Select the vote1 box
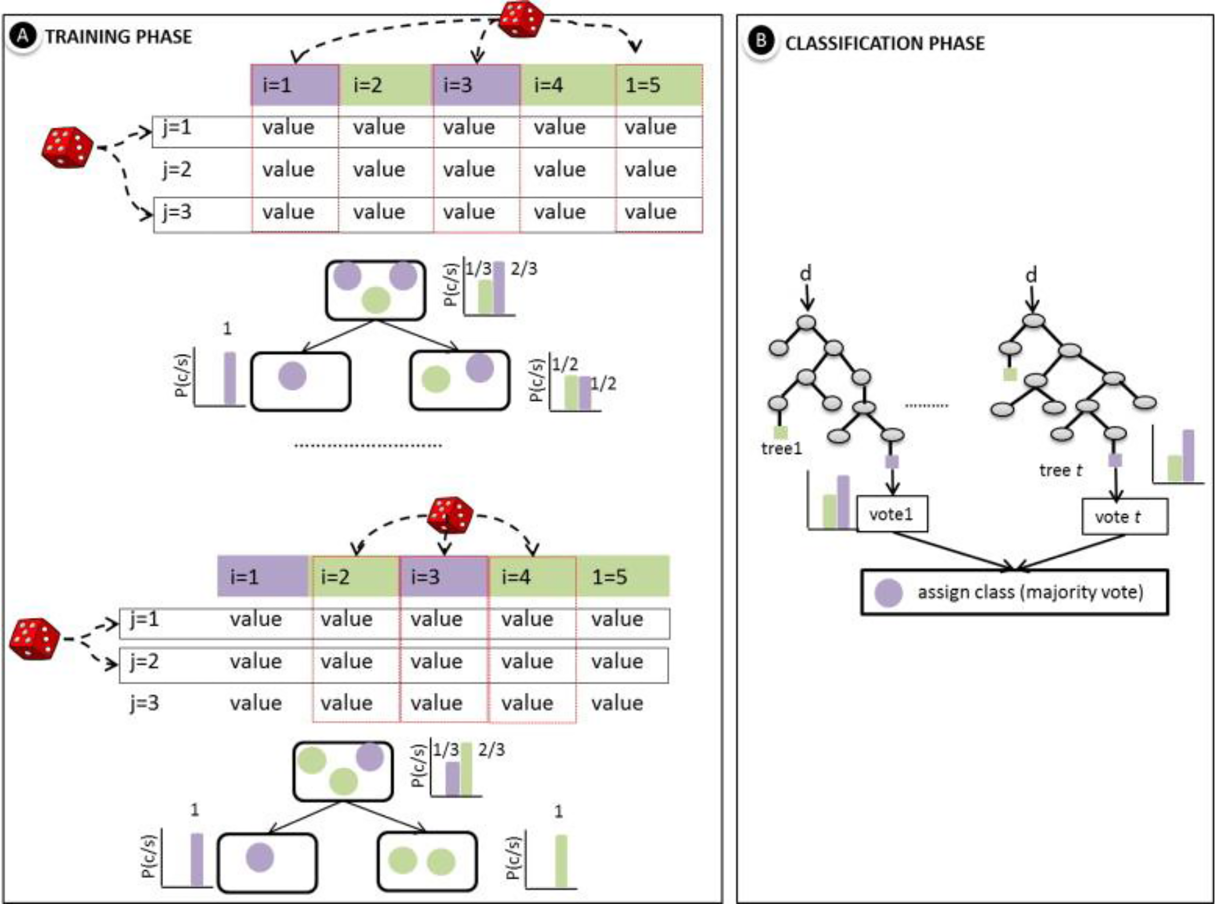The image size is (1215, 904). point(892,514)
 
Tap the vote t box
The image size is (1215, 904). point(1124,517)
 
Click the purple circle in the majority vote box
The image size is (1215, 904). point(888,592)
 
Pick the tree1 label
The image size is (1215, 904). point(781,449)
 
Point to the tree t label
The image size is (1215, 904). point(1060,470)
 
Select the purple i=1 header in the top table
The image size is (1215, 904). point(295,85)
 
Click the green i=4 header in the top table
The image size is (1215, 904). point(567,85)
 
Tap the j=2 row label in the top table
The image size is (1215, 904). point(177,170)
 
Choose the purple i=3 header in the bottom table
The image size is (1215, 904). point(443,577)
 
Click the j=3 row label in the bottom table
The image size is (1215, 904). point(144,703)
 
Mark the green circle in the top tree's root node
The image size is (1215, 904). point(376,300)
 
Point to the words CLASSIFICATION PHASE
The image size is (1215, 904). point(885,43)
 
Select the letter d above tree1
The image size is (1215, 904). point(806,273)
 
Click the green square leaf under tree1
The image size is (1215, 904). point(781,432)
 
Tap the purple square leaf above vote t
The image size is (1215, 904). point(1115,460)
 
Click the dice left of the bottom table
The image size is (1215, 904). point(35,639)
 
